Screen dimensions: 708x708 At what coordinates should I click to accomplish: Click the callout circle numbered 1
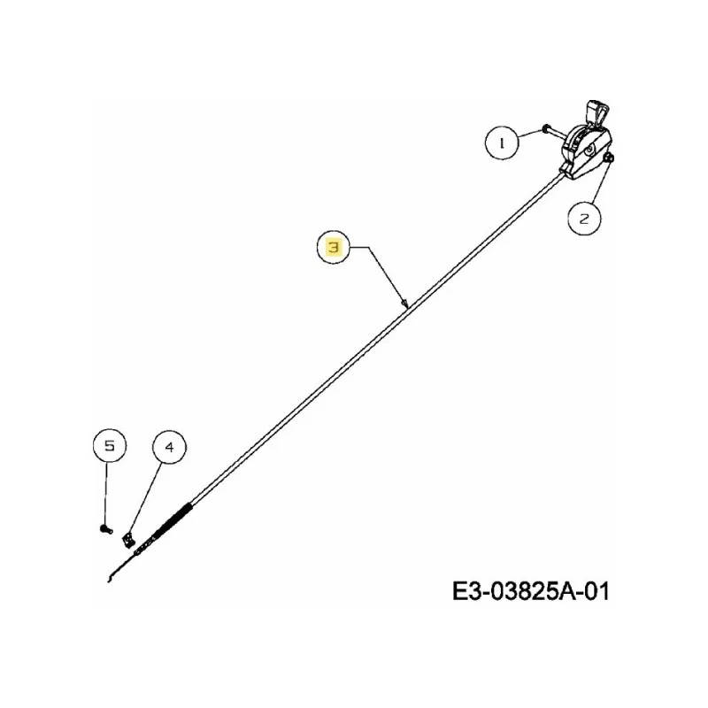point(502,142)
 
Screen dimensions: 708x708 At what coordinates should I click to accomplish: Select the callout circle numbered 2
point(584,219)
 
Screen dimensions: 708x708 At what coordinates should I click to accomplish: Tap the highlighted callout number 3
point(334,247)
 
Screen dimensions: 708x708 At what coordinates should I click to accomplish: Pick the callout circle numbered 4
point(169,447)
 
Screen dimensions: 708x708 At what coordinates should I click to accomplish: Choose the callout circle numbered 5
point(109,446)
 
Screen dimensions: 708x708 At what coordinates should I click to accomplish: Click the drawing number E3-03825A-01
point(530,591)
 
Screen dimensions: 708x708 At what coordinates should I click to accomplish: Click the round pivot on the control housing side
point(589,150)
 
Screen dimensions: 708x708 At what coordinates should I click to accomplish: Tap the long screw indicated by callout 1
point(552,131)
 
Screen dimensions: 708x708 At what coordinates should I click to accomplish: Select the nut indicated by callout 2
point(609,158)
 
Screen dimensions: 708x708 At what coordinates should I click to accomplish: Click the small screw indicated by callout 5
point(105,528)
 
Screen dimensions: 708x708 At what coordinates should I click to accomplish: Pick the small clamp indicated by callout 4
point(128,539)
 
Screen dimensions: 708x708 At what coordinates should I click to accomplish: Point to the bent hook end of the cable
point(112,574)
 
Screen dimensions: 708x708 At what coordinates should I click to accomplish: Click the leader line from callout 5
point(106,493)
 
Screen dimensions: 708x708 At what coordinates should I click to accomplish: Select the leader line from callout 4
point(145,497)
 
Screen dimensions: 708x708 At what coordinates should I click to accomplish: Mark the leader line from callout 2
point(599,183)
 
